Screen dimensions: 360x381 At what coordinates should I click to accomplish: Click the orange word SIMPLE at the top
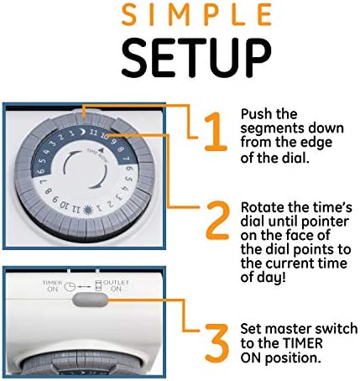click(196, 15)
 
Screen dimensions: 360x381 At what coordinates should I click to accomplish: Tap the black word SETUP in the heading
click(196, 58)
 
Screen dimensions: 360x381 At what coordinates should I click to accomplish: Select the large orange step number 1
click(215, 132)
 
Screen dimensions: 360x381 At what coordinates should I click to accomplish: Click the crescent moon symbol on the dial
click(82, 131)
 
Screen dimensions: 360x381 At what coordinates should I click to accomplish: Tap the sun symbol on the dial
click(88, 208)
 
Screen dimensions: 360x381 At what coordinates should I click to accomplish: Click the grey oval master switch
click(90, 300)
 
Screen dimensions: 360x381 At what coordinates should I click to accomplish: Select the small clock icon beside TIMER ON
click(70, 287)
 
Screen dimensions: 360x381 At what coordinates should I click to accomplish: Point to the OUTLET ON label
click(116, 285)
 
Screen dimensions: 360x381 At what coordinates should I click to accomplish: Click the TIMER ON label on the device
click(53, 286)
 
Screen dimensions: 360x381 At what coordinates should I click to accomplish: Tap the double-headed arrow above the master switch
click(84, 287)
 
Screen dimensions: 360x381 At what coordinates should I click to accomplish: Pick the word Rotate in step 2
click(262, 207)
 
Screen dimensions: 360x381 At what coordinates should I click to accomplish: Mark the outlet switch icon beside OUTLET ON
click(98, 286)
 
